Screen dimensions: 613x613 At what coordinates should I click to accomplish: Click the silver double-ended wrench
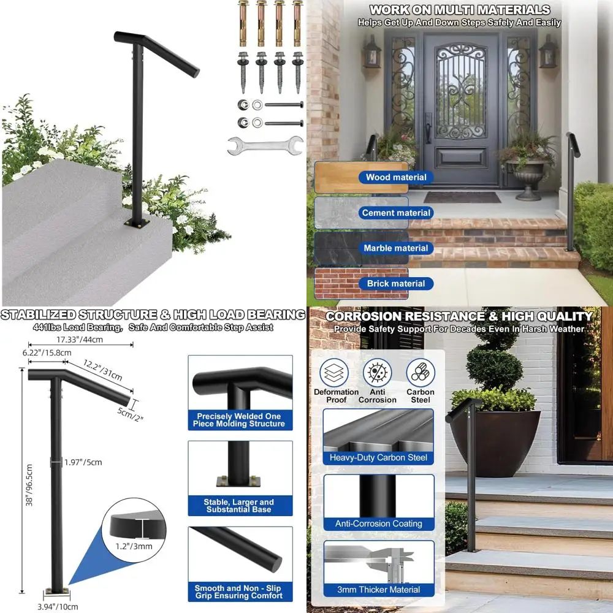coord(265,145)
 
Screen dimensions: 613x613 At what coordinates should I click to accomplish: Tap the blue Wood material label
coord(396,177)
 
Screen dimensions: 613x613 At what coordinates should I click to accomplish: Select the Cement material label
coord(396,213)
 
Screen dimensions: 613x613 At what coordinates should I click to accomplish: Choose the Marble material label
coord(396,248)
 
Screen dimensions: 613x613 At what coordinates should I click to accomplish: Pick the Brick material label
coord(396,283)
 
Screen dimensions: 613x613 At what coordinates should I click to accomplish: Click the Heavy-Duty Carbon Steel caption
coord(378,457)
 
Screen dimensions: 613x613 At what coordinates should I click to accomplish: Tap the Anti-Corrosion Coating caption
coord(378,524)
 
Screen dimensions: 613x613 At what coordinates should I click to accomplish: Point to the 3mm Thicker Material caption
coord(378,590)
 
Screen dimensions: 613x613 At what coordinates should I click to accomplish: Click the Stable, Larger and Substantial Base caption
coord(239,506)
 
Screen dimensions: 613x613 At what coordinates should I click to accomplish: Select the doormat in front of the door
coord(462,197)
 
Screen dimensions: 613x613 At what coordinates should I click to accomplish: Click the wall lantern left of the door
coord(372,52)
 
